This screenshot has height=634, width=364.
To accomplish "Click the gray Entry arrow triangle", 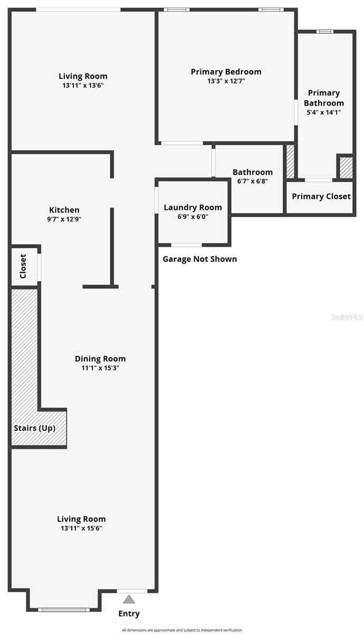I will pyautogui.click(x=129, y=599).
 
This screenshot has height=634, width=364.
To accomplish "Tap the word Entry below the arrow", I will pyautogui.click(x=129, y=613).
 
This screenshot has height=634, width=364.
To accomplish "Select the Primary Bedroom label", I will pyautogui.click(x=226, y=72).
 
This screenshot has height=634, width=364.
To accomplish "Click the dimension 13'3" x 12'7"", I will pyautogui.click(x=226, y=81).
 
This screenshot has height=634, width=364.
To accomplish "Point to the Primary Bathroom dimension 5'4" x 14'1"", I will pyautogui.click(x=324, y=112).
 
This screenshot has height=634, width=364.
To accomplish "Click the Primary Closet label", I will pyautogui.click(x=321, y=196).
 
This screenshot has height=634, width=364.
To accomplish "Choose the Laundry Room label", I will pyautogui.click(x=193, y=207).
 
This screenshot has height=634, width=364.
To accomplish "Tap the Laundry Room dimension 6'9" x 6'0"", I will pyautogui.click(x=193, y=216).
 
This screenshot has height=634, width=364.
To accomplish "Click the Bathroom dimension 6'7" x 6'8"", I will pyautogui.click(x=253, y=181).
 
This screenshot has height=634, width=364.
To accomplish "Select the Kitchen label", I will pyautogui.click(x=64, y=210).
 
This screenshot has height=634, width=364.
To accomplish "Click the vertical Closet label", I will pyautogui.click(x=23, y=266).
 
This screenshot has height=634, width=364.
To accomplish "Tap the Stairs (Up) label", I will pyautogui.click(x=34, y=428).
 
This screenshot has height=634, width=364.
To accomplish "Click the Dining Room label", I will pyautogui.click(x=100, y=359).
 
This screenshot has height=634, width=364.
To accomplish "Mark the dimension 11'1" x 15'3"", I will pyautogui.click(x=100, y=368).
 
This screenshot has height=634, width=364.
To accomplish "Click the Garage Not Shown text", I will pyautogui.click(x=199, y=259).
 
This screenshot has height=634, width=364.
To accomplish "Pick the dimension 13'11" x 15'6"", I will pyautogui.click(x=81, y=528).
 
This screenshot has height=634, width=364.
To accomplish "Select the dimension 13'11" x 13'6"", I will pyautogui.click(x=83, y=85).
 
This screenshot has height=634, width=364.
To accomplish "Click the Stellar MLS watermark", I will pyautogui.click(x=347, y=318).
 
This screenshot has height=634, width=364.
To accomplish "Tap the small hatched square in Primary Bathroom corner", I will pyautogui.click(x=345, y=167).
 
